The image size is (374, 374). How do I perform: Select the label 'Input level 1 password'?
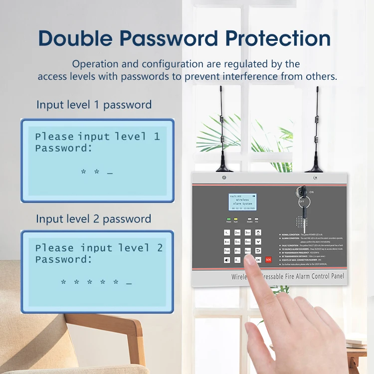pos(94,105)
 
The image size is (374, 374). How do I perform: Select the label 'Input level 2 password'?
pos(94,219)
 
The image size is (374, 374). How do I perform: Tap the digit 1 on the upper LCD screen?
pos(157,136)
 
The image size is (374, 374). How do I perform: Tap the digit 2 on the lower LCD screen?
pos(160,248)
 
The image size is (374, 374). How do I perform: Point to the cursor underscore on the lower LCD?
pos(129,283)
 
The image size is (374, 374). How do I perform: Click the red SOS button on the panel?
pos(268,259)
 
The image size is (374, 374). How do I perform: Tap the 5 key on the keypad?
pos(237,241)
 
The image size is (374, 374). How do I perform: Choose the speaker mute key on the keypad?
pos(227,260)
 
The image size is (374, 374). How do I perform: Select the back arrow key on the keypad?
pos(258,250)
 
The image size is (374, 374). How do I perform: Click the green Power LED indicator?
pos(229,219)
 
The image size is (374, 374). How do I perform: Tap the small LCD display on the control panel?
pos(242,200)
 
